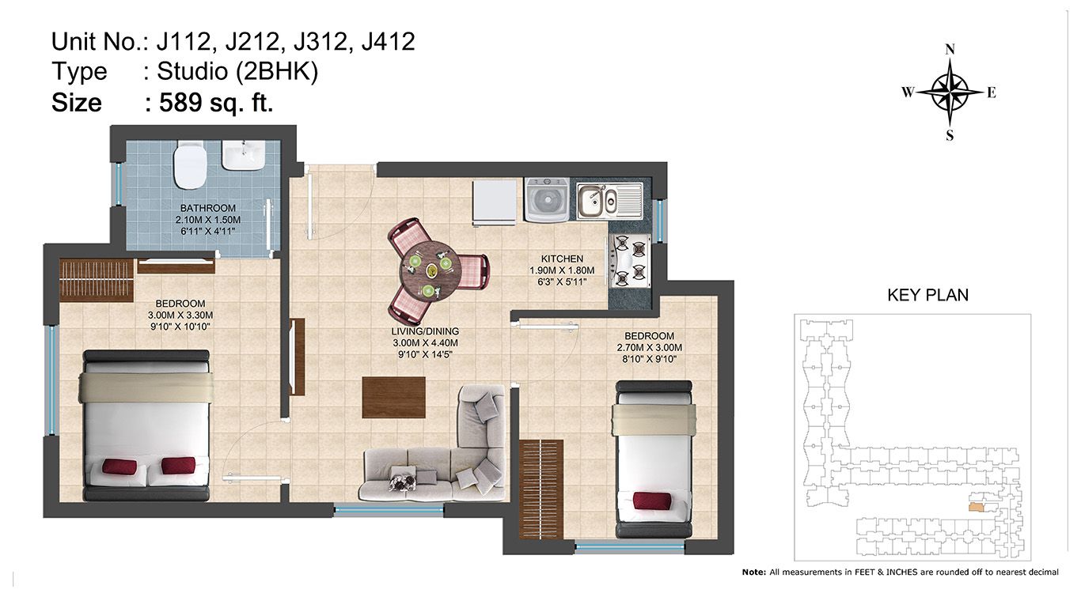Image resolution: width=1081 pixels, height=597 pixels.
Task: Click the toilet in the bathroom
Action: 191,164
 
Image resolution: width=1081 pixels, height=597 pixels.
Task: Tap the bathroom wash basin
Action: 243,155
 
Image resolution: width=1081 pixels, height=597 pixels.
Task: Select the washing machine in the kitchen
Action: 547,200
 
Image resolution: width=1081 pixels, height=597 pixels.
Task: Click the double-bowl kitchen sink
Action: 609,201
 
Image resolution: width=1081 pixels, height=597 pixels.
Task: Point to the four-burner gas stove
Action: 629,261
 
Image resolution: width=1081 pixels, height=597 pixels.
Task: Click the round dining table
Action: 427,271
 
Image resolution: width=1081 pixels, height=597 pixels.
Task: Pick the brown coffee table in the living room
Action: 394,398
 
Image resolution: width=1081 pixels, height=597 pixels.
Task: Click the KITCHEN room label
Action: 562,259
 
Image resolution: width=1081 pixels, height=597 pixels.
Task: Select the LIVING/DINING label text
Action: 425,332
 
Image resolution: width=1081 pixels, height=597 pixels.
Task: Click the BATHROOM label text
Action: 208,208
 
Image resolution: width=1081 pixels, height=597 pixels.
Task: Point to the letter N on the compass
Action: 950,50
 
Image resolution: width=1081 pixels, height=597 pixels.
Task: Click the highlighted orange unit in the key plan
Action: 977,507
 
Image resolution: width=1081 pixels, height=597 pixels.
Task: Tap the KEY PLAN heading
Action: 928,295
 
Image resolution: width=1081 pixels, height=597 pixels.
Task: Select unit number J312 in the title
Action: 321,41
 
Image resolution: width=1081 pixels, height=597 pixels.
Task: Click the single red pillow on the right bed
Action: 652,501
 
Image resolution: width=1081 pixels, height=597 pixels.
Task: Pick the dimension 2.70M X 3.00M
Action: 650,348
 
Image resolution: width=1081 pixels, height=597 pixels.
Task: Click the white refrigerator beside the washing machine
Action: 495,202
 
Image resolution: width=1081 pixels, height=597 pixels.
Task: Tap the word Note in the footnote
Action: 753,572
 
